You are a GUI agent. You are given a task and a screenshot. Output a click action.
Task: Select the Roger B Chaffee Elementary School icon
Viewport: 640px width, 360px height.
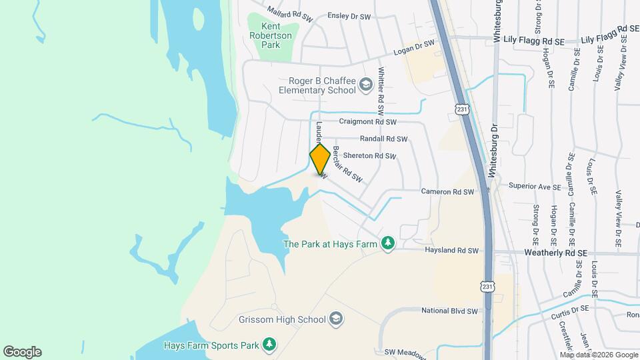coord(365,85)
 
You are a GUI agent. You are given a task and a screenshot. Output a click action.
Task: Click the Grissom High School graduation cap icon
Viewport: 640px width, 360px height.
coord(336,319)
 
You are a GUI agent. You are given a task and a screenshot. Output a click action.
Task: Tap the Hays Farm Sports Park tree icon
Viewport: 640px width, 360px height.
coord(269,345)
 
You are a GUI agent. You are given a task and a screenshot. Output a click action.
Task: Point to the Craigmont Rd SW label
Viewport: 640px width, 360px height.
coord(367,122)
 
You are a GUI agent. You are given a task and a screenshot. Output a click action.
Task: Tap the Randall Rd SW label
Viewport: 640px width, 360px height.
coord(383,139)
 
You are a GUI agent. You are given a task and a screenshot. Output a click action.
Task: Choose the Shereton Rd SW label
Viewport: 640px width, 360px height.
coord(369,156)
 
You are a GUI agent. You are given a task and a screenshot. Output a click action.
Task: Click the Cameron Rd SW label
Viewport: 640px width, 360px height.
coord(447,192)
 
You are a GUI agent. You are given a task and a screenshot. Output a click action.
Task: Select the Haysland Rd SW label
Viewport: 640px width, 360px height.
coord(452,251)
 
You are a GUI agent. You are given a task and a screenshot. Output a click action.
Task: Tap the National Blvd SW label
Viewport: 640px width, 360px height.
coord(450,311)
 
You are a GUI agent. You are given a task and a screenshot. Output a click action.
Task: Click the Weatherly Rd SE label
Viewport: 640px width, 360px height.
coord(555,253)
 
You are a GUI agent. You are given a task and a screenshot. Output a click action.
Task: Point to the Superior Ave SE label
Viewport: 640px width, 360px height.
coord(535,187)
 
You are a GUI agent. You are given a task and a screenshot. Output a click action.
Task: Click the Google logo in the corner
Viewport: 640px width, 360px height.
coord(22,352)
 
